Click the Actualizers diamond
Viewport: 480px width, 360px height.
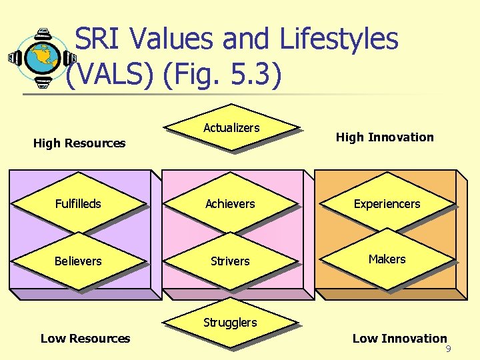pyautogui.click(x=231, y=128)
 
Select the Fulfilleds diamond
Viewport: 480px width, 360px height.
pyautogui.click(x=79, y=203)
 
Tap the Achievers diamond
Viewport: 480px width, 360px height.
pyautogui.click(x=230, y=203)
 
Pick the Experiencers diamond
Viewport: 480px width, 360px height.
pyautogui.click(x=387, y=203)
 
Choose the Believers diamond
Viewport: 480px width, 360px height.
pyautogui.click(x=78, y=261)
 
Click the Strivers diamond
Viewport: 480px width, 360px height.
pyautogui.click(x=230, y=261)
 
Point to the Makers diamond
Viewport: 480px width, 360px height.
pyautogui.click(x=387, y=259)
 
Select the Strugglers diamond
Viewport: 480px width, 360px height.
pyautogui.click(x=230, y=323)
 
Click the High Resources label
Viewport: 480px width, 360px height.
pyautogui.click(x=79, y=143)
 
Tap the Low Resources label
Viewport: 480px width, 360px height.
pyautogui.click(x=85, y=339)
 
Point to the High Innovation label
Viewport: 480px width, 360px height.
pyautogui.click(x=385, y=137)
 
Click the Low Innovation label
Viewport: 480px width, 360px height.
pyautogui.click(x=399, y=339)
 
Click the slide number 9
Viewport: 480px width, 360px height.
pyautogui.click(x=449, y=349)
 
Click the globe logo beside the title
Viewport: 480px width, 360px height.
pyautogui.click(x=41, y=57)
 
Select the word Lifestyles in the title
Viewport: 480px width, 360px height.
pyautogui.click(x=339, y=39)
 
